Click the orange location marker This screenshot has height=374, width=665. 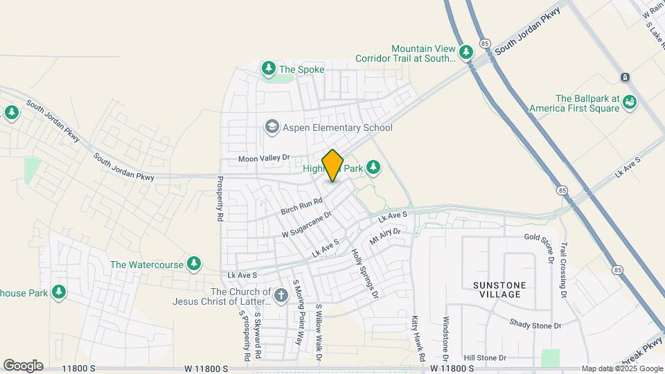pos(333,165)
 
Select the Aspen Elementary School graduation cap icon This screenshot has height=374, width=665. pos(272,127)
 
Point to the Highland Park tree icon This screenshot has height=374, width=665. pos(374,167)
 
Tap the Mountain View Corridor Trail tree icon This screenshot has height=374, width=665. pos(466,51)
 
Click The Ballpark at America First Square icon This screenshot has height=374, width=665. pos(630,102)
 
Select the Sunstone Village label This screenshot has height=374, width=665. pos(499,290)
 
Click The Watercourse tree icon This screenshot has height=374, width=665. pos(195,263)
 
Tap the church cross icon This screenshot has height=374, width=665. pos(281,296)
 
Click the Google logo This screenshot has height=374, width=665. pos(23,366)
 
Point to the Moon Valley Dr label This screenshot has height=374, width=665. pos(263,159)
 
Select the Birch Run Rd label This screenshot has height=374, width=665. pos(302,206)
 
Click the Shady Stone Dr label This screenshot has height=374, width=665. pos(535,324)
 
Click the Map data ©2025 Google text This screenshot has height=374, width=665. pos(621,368)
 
